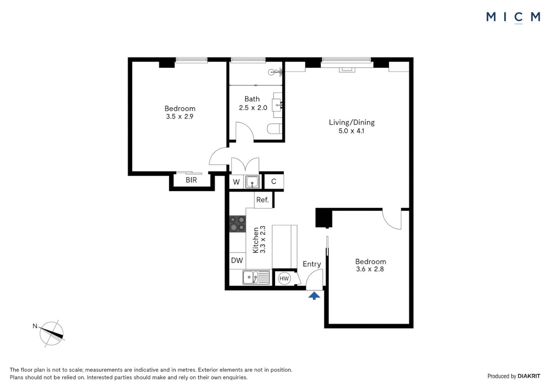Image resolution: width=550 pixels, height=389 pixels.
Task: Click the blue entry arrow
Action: click(x=314, y=296)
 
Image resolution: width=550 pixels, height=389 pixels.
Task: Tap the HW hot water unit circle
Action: click(x=284, y=278)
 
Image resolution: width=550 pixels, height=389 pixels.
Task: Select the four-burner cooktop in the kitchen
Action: click(x=238, y=224)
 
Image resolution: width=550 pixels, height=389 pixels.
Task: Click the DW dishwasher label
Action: click(x=237, y=260)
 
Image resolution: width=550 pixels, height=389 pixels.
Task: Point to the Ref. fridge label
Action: click(x=262, y=200)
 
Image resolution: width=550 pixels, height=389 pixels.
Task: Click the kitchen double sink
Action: click(x=256, y=277)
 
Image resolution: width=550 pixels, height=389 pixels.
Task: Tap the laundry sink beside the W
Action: click(x=252, y=182)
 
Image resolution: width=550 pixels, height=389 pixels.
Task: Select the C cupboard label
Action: click(x=274, y=182)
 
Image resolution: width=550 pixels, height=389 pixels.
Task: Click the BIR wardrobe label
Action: click(x=191, y=180)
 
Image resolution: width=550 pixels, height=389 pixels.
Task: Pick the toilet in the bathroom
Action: click(x=275, y=129)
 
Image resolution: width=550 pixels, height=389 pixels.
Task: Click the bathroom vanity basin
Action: click(x=277, y=105)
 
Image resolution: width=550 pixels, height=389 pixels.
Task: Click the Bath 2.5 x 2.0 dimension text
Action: click(x=253, y=108)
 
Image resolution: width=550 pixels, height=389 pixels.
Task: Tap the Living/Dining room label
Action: click(x=352, y=122)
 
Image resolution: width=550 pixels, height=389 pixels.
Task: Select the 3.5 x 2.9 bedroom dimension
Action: click(x=180, y=117)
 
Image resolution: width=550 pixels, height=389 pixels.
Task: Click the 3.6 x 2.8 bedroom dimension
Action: click(x=370, y=269)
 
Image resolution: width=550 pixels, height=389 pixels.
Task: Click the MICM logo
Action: click(x=513, y=17)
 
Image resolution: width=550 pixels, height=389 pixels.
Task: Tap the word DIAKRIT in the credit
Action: click(x=529, y=376)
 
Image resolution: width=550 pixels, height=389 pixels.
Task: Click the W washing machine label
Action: click(x=236, y=182)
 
